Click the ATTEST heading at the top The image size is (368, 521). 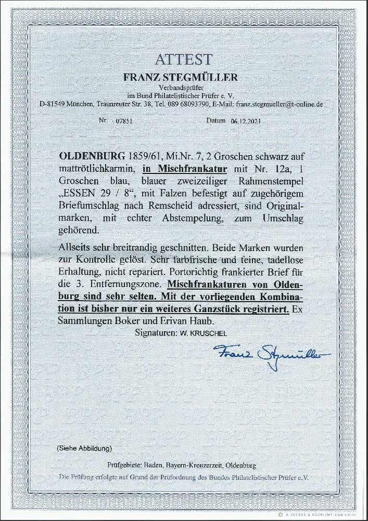[x=183, y=59]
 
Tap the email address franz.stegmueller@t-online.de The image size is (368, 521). [x=279, y=104]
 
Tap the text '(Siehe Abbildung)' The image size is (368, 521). [x=83, y=448]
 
